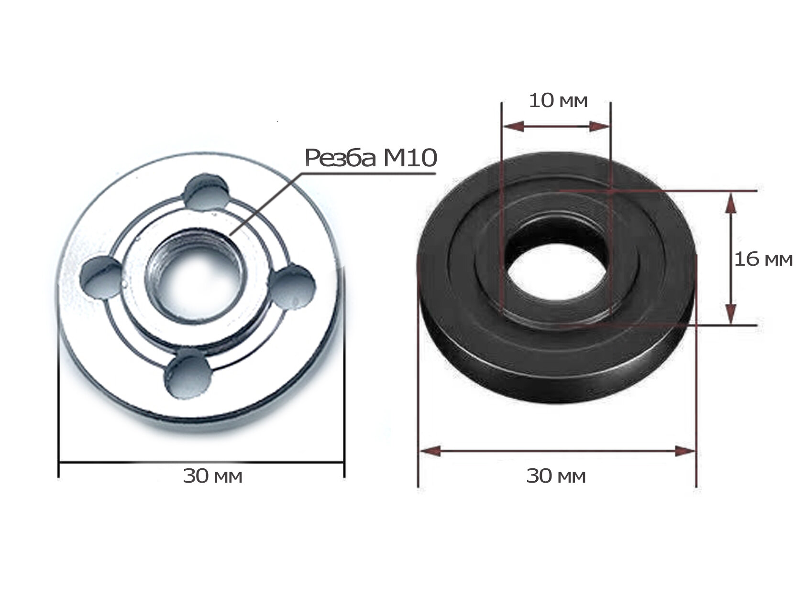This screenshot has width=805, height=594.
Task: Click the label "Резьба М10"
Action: tap(371, 158)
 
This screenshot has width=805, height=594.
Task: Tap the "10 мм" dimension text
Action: tap(558, 101)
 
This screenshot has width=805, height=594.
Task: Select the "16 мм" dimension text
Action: tap(763, 259)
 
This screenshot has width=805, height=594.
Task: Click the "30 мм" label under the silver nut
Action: tap(212, 476)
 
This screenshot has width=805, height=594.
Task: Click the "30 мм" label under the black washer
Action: tap(556, 476)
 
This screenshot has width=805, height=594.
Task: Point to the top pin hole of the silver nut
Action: tap(206, 193)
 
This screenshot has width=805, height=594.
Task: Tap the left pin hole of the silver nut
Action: tap(101, 277)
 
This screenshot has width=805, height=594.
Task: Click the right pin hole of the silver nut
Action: tap(293, 287)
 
